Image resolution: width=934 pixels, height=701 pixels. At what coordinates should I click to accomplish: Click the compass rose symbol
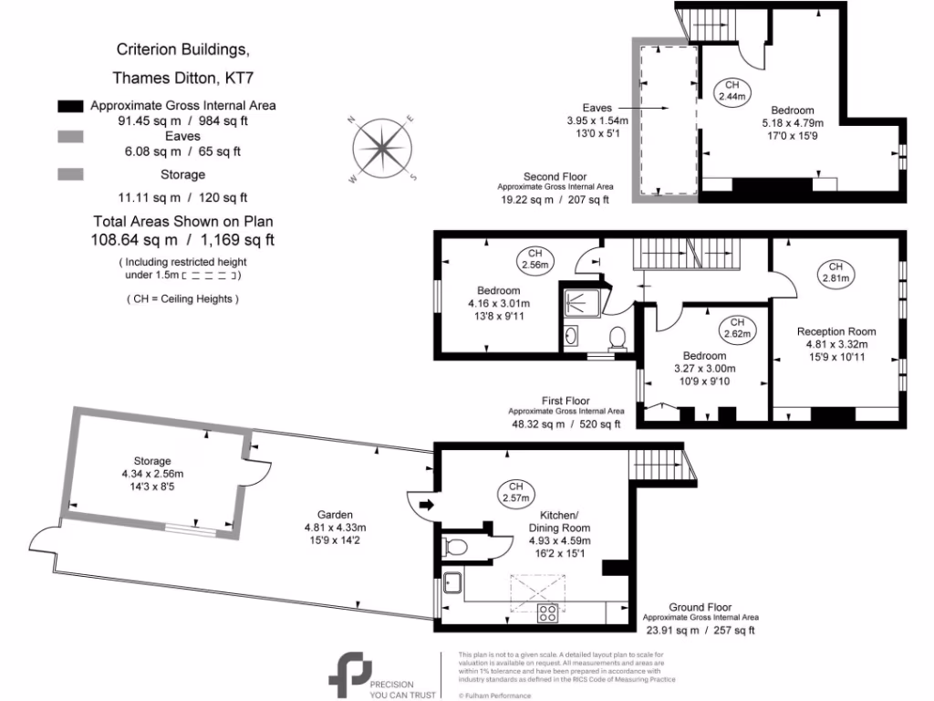tap(382, 148)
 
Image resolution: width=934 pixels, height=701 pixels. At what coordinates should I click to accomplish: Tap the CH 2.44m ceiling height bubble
tap(732, 89)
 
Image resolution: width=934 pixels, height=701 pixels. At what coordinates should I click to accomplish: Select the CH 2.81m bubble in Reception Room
tap(835, 271)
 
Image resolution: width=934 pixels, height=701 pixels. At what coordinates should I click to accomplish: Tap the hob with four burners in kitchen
tap(547, 612)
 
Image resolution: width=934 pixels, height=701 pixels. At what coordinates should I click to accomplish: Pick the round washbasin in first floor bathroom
tap(571, 337)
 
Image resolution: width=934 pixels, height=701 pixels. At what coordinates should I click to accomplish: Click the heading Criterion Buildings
tap(182, 48)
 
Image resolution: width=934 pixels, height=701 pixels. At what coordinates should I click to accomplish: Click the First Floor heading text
tap(566, 401)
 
